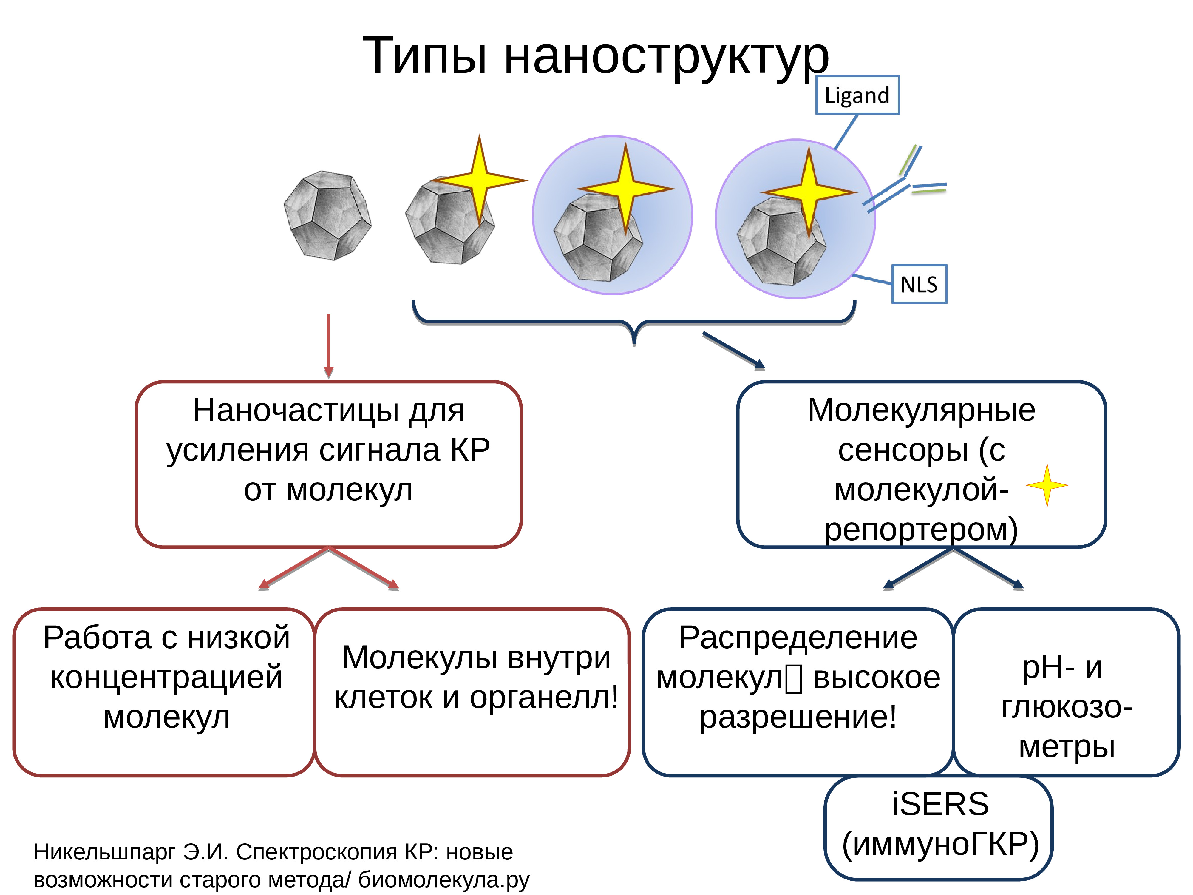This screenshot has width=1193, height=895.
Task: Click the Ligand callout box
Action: pos(857,95)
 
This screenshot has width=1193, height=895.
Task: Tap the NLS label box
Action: pos(919,284)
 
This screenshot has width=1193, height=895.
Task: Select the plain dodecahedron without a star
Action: pos(327,216)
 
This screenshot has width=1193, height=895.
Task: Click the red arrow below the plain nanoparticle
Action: pos(328,345)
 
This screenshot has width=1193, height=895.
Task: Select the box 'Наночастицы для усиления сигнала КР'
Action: pos(328,464)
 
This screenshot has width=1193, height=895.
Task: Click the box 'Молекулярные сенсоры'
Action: pos(921,464)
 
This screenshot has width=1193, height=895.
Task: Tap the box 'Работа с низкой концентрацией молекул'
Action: pos(165,692)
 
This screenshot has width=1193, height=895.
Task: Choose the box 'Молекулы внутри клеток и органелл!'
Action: pos(472,692)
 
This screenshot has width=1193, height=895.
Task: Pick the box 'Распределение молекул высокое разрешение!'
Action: pos(798,692)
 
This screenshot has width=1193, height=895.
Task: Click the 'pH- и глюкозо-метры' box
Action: pos(1066,692)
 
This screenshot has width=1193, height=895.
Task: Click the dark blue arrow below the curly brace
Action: pos(733,351)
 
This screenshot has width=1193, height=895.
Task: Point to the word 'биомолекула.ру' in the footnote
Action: pos(443,880)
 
